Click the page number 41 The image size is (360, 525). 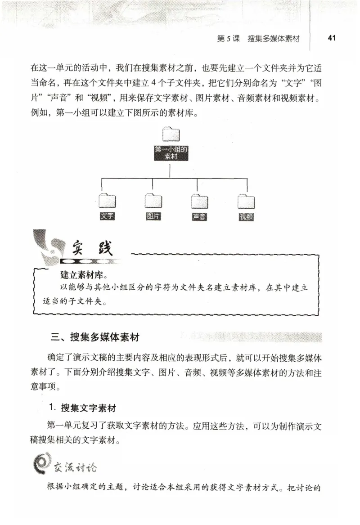(333, 38)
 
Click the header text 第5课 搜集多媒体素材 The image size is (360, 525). (258, 39)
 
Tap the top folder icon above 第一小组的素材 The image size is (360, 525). (171, 135)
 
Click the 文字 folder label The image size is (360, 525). (107, 216)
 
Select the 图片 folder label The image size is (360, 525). (153, 216)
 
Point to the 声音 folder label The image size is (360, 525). (199, 217)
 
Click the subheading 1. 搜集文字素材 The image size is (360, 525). (83, 408)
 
